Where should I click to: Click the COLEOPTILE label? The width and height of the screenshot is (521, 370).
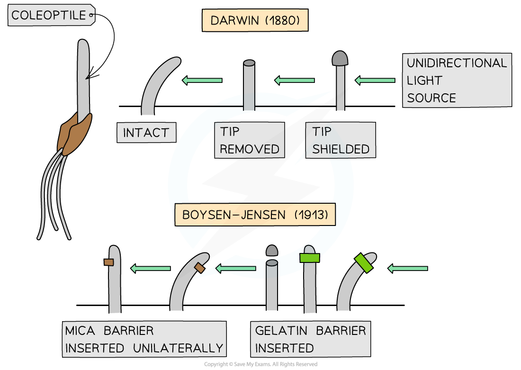[48, 15]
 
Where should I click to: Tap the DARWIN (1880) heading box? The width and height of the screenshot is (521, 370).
[255, 21]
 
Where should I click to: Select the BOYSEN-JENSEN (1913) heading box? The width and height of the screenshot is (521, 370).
[255, 215]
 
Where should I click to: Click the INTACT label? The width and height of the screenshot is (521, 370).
[146, 133]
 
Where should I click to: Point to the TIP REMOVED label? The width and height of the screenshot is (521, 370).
[249, 140]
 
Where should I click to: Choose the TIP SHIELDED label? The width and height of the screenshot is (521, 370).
[341, 140]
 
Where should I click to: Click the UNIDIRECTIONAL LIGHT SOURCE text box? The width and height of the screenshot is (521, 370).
[457, 80]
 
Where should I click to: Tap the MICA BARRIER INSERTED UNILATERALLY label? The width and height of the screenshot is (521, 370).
[144, 339]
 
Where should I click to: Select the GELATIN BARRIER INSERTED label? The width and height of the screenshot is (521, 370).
[311, 339]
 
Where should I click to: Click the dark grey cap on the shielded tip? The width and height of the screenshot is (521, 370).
[340, 58]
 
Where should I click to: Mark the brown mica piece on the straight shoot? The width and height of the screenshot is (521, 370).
[109, 262]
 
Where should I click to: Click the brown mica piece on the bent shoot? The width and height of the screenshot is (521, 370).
[199, 268]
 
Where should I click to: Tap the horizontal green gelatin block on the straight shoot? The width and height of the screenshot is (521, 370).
[310, 258]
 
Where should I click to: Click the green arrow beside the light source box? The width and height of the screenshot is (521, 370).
[375, 81]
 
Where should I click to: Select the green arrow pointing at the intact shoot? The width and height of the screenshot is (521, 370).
[202, 81]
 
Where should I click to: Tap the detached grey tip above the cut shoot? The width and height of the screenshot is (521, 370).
[271, 250]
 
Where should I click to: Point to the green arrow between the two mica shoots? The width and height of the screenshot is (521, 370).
[150, 269]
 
